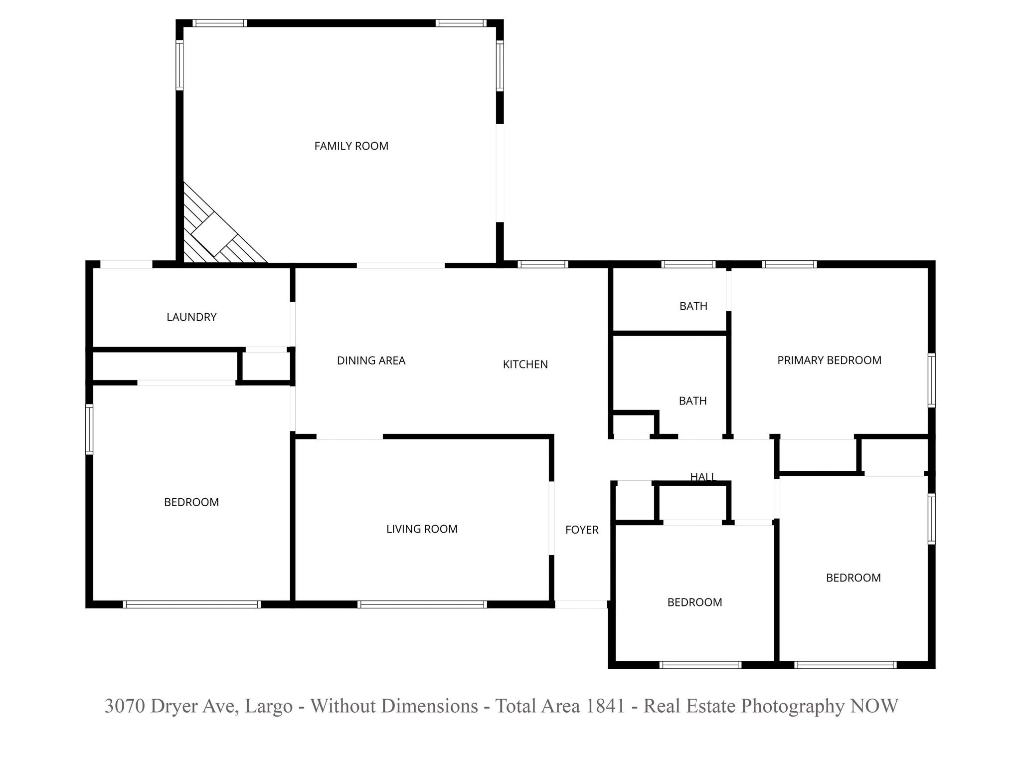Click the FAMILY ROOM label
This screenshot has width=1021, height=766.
coord(351,146)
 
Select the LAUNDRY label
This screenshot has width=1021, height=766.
coord(191,317)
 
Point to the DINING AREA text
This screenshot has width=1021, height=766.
coord(371,361)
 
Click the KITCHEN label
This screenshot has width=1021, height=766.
coord(525,365)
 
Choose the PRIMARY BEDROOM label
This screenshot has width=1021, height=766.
coord(829,360)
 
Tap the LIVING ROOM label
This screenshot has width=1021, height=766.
coord(422,529)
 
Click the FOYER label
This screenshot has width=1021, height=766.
coord(582,530)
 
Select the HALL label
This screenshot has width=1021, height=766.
coord(703,477)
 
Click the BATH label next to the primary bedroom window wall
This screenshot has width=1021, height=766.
coord(693,306)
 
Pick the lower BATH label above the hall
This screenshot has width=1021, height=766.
coord(692,401)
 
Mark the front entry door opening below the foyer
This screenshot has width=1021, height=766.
coord(581,604)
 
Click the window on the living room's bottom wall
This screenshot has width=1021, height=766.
coord(422,604)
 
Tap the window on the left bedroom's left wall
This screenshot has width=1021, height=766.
coord(89,429)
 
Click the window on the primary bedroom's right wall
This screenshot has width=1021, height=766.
coord(931,380)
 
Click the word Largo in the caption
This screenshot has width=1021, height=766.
coord(269,706)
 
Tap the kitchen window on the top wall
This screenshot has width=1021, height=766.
coord(542,264)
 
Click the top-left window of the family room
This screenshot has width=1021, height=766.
coord(219,23)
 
